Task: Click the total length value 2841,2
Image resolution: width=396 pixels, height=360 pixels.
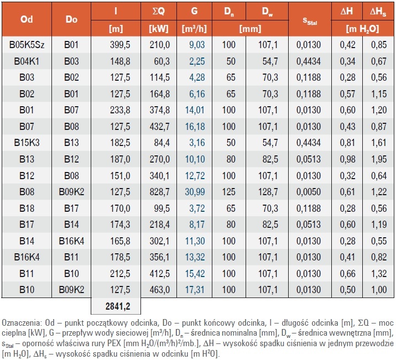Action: pos(118,306)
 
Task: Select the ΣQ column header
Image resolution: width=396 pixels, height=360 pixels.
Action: pos(159,11)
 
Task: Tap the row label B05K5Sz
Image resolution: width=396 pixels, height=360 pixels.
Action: pos(27,45)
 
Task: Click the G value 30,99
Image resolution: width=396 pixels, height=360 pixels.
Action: pos(195,192)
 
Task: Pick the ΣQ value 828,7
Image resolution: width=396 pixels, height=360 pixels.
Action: pos(160,192)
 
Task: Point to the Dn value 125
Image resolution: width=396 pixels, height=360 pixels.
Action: pos(229,192)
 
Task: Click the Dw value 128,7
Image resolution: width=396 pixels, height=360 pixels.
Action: pos(268,192)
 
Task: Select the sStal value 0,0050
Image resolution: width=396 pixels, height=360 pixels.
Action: pos(309,192)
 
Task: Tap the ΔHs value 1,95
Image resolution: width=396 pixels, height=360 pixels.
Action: pos(379,159)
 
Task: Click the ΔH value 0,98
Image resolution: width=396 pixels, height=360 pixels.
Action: pos(347,159)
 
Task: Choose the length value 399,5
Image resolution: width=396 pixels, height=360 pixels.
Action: pos(120,45)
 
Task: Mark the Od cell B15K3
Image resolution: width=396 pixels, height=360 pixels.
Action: pos(27,143)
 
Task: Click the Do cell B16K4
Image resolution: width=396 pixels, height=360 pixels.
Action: pos(71,241)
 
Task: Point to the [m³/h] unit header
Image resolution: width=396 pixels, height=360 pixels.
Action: pos(194,29)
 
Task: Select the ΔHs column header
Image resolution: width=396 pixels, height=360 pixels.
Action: pos(378,12)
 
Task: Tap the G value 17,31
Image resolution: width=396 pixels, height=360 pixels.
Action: pos(195,290)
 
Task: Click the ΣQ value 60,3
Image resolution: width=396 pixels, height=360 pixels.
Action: pos(162,61)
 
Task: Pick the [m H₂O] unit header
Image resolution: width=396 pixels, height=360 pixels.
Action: pos(362,29)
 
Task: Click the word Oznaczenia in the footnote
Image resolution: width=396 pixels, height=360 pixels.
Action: pos(20,322)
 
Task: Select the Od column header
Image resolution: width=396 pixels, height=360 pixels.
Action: pos(27,19)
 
